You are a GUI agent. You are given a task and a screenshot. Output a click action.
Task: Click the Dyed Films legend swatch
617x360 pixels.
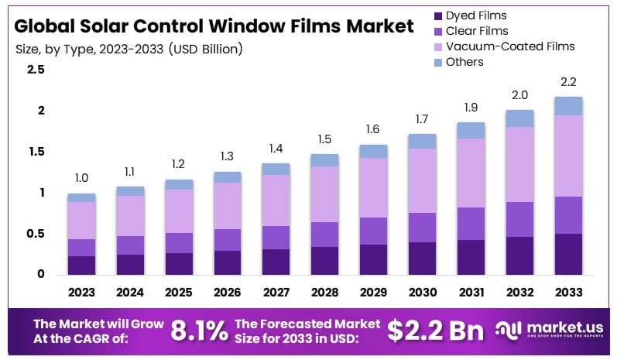(x=439, y=15)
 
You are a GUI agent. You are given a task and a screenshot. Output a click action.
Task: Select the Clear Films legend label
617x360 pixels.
(x=477, y=31)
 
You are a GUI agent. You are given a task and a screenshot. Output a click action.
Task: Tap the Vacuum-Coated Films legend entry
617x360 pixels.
(x=511, y=46)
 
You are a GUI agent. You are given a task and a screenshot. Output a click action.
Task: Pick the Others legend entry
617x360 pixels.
(x=465, y=62)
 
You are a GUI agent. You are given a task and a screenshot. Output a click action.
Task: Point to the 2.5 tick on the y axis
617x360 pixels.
(x=36, y=70)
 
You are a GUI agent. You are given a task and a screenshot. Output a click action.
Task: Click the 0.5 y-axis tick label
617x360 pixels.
(x=36, y=234)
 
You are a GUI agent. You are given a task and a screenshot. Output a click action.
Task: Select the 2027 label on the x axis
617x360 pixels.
(x=276, y=293)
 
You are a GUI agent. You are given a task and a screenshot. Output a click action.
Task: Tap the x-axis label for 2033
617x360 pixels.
(x=568, y=293)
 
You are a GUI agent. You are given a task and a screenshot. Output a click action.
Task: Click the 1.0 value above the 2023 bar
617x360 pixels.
(x=81, y=179)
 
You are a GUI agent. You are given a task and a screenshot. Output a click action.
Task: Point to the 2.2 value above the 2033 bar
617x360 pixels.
(x=568, y=82)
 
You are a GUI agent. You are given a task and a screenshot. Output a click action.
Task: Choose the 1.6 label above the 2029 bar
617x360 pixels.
(x=374, y=129)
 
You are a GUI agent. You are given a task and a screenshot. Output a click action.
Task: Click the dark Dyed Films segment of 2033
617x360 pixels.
(x=568, y=254)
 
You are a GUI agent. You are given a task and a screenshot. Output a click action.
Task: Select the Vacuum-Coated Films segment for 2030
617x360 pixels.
(x=422, y=180)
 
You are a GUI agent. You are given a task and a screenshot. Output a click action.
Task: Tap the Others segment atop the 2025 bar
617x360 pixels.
(x=179, y=184)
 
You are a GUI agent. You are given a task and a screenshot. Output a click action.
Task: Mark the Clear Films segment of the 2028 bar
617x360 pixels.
(x=325, y=235)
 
